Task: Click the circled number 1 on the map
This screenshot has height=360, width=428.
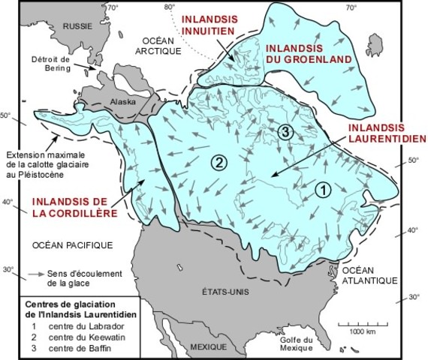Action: [x=320, y=190]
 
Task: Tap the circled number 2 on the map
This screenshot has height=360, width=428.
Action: [x=219, y=162]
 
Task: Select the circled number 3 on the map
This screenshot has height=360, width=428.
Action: [x=285, y=132]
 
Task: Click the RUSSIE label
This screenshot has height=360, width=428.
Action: [x=77, y=25]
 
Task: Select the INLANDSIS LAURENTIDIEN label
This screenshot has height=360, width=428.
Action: [x=386, y=133]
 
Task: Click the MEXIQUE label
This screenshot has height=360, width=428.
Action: [x=208, y=348]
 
